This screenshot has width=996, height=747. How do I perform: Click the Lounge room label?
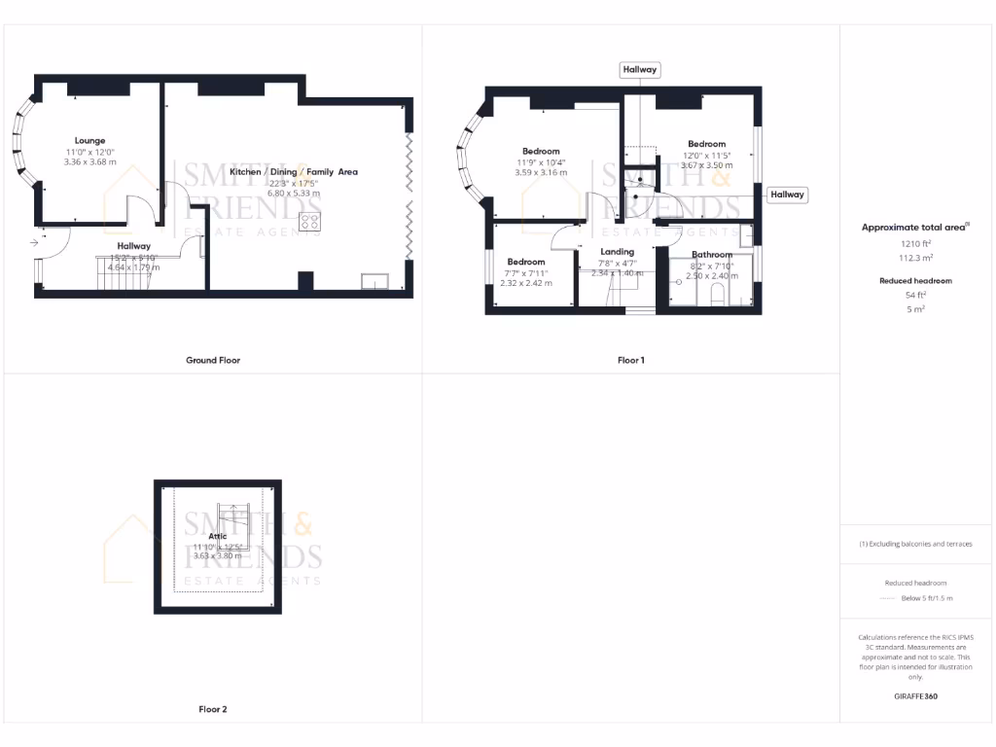(x=89, y=140)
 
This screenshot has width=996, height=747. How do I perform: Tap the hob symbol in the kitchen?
(x=310, y=222)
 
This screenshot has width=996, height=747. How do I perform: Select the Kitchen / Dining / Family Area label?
(x=293, y=171)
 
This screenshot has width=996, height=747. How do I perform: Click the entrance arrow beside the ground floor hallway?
(x=35, y=241)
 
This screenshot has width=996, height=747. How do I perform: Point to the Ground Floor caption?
(x=213, y=360)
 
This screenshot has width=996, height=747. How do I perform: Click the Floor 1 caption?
(x=630, y=360)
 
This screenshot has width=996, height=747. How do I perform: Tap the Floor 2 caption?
(x=213, y=709)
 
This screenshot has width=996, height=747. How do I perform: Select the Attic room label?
(x=217, y=536)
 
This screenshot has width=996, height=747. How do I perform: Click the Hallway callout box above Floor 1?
(x=640, y=69)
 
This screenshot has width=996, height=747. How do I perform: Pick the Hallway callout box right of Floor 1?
(x=787, y=195)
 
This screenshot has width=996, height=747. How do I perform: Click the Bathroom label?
(x=712, y=255)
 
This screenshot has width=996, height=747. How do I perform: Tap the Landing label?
(x=617, y=252)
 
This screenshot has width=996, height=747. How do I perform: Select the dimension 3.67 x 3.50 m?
(x=706, y=165)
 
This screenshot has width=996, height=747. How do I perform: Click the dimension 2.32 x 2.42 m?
(x=526, y=283)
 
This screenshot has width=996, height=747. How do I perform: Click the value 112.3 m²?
(x=917, y=258)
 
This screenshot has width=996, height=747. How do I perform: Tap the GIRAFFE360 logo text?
(x=917, y=696)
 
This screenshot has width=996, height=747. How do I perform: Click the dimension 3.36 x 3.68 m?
(x=89, y=162)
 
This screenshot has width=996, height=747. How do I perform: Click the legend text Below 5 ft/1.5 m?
(x=927, y=598)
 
